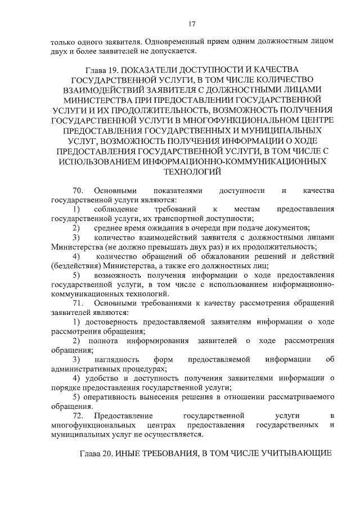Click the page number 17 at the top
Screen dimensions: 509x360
[192, 24]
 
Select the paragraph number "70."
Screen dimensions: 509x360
[79, 191]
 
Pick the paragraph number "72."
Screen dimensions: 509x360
[79, 416]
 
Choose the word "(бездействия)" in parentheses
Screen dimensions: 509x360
[75, 265]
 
